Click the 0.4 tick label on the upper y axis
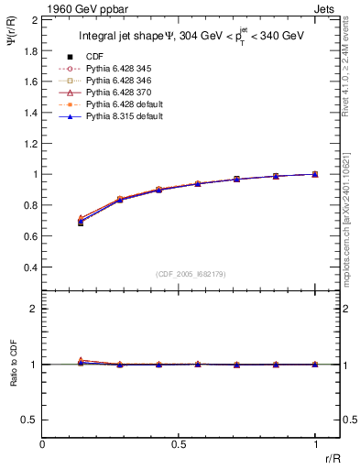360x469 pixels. pos(30,267)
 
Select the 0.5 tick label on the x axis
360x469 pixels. pos(179,444)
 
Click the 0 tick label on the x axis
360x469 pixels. pos(43,444)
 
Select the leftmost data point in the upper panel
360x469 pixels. pos(81,222)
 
